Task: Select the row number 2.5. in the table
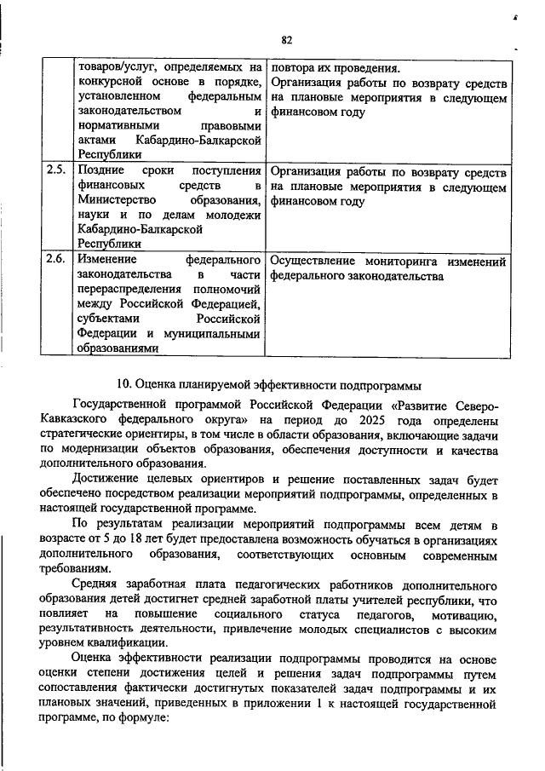click(57, 169)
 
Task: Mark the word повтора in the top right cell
click(294, 66)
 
